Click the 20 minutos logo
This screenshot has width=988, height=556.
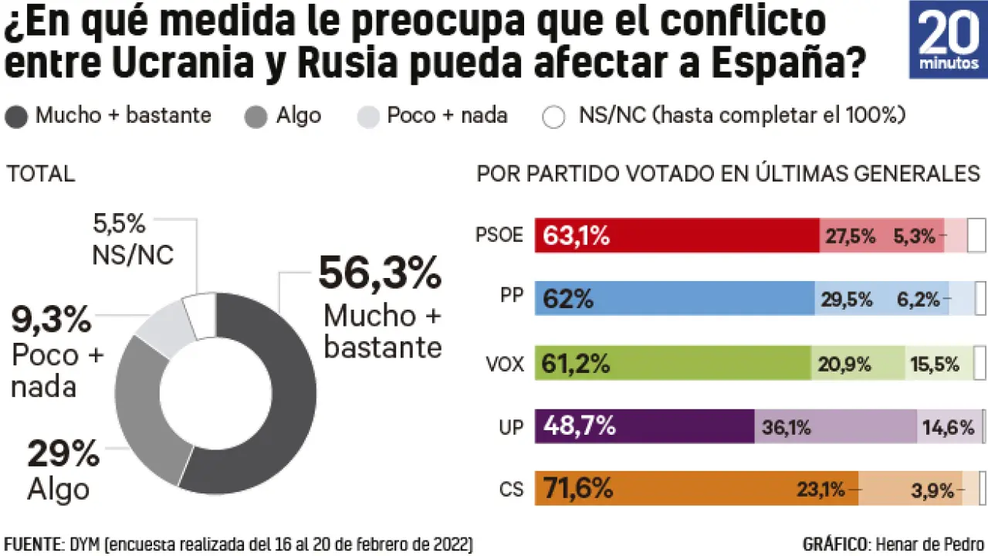948,39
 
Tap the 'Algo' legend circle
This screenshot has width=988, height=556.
256,117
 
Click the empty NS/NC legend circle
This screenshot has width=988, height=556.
553,117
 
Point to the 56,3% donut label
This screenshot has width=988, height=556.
380,273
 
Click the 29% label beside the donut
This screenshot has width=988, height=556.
63,454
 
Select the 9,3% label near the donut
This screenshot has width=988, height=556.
51,320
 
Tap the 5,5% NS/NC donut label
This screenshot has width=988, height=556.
120,225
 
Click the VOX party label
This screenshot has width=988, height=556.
506,364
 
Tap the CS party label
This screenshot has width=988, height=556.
511,490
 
